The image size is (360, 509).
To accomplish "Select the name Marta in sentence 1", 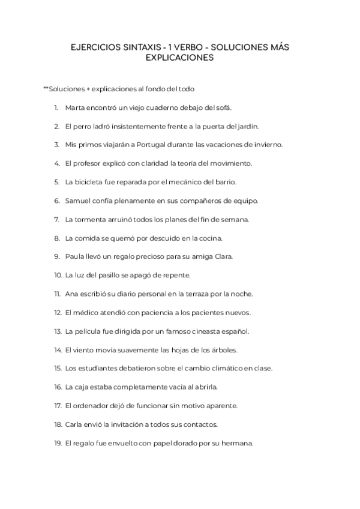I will [74, 107].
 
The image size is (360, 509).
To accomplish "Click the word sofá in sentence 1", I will [222, 107].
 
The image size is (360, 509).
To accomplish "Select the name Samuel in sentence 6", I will [78, 200].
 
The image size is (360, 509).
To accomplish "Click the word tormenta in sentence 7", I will [90, 219].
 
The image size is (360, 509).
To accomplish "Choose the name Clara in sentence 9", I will [222, 256].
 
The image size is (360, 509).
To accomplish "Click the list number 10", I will [58, 275].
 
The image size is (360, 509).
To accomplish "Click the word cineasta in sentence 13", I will [197, 331].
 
